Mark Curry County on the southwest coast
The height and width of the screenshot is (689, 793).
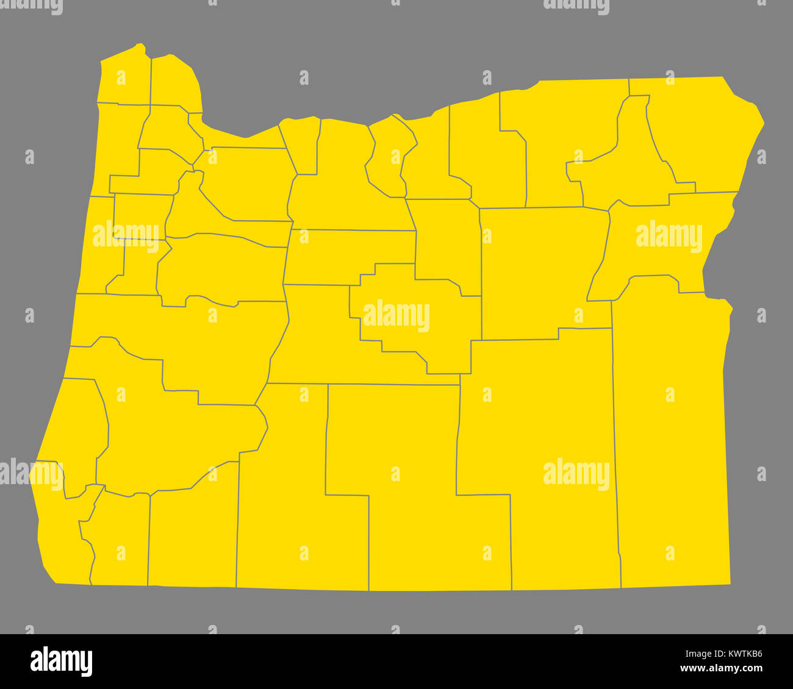click(x=61, y=543)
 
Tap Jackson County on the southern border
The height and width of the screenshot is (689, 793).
click(x=192, y=537)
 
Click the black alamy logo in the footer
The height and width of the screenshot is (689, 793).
click(x=61, y=662)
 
